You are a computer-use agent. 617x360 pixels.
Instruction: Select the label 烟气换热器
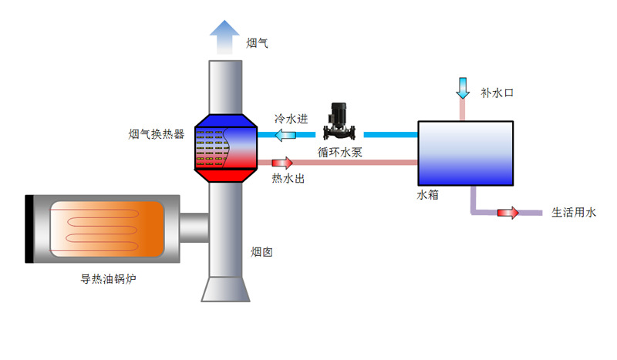click(157, 134)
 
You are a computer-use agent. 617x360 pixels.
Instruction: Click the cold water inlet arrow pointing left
click(285, 136)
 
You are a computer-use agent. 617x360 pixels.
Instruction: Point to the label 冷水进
click(292, 119)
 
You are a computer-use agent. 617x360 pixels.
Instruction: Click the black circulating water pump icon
click(336, 121)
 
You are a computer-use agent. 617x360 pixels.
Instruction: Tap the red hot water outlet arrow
click(282, 163)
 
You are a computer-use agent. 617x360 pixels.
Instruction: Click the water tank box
click(465, 153)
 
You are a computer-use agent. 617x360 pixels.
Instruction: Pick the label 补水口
click(497, 93)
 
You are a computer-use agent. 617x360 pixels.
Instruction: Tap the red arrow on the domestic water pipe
click(508, 213)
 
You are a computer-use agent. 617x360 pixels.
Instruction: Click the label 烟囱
click(261, 252)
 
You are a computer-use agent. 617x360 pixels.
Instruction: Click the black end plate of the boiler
click(29, 229)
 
